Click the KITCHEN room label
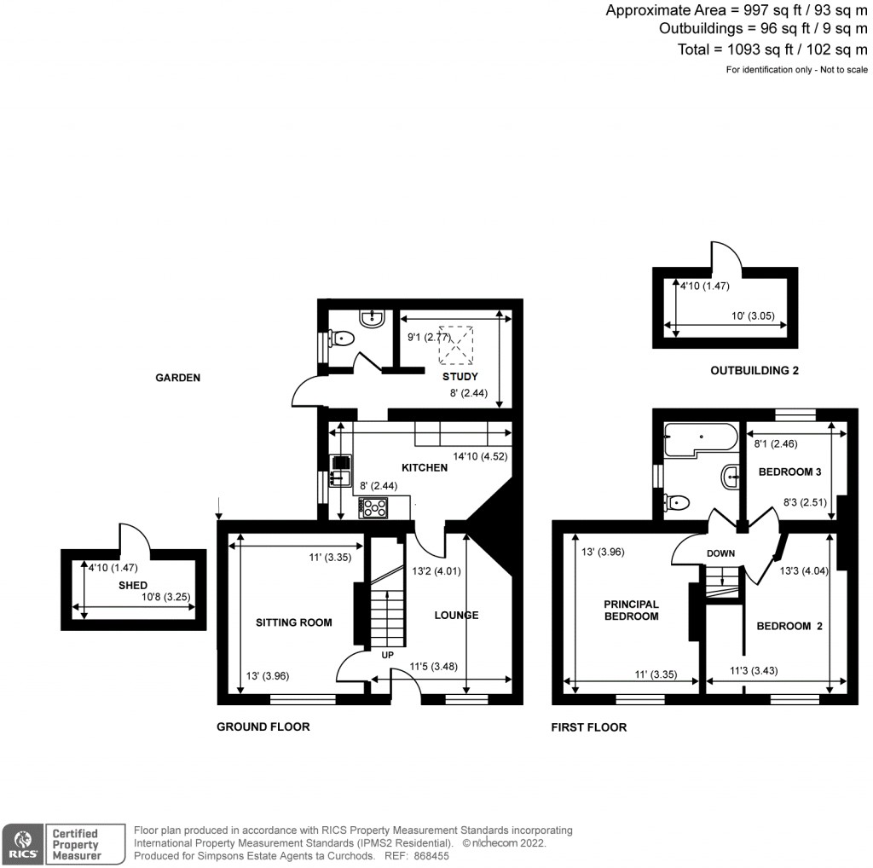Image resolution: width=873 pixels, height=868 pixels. [x=425, y=467]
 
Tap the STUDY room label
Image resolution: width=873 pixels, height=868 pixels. [x=460, y=376]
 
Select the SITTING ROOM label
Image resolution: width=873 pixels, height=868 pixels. [x=293, y=622]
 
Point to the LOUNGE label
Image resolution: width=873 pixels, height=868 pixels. [x=456, y=615]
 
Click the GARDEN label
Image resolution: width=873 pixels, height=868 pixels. [x=177, y=377]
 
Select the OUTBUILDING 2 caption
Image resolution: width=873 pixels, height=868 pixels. [x=754, y=370]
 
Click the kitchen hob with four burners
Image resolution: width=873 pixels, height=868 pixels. [x=375, y=507]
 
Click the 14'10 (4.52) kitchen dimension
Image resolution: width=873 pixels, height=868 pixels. [x=480, y=456]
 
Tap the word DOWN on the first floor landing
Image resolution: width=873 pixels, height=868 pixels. [x=720, y=553]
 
